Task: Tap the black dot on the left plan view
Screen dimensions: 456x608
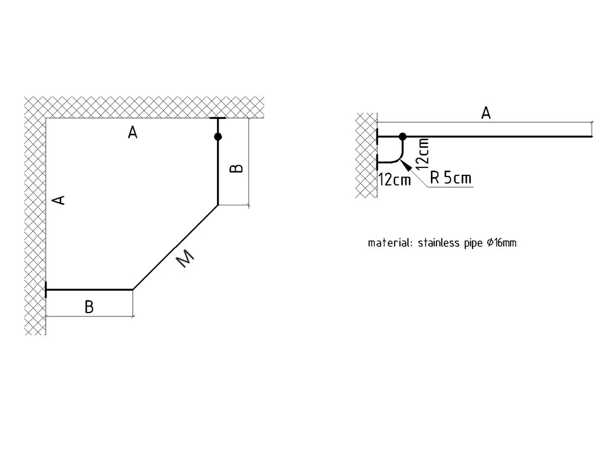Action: tap(218, 137)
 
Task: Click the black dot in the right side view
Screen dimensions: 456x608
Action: tap(403, 137)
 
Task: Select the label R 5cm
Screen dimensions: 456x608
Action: tap(451, 178)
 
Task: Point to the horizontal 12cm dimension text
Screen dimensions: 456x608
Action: tap(395, 180)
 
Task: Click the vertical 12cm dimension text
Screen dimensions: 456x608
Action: tap(423, 154)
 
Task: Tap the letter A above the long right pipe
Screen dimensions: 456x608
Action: tap(485, 113)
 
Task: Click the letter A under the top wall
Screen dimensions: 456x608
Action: tap(133, 132)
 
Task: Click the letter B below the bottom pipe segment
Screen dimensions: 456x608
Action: tap(89, 307)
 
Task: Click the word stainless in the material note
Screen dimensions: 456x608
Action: tap(439, 243)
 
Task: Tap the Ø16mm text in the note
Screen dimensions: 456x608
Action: tap(501, 243)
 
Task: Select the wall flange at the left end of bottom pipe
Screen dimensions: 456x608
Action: tap(46, 290)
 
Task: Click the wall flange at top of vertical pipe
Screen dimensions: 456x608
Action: tap(218, 118)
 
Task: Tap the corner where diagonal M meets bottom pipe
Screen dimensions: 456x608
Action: tap(132, 290)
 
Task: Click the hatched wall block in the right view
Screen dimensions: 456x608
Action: tap(366, 155)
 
